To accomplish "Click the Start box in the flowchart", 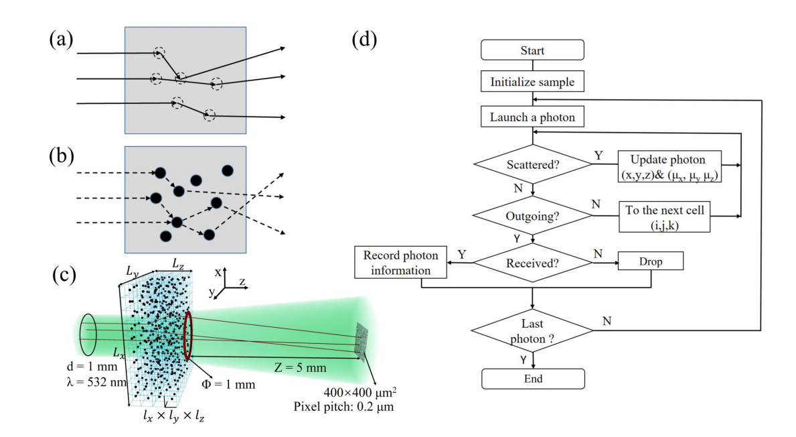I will (532, 50).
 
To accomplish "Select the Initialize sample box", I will (532, 82).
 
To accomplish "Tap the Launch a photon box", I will (532, 117).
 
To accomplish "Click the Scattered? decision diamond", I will (532, 163).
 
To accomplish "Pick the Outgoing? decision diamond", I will (532, 215).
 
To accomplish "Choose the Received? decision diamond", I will (532, 263).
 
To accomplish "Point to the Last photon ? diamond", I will (532, 328).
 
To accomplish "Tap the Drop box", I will (651, 262).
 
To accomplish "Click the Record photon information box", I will (400, 262).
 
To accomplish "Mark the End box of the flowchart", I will (532, 379).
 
